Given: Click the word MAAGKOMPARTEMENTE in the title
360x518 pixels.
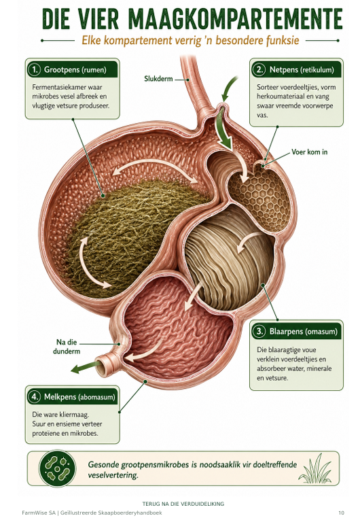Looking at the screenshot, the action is point(235,19).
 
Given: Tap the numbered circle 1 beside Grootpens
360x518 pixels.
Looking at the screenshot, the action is point(35,70).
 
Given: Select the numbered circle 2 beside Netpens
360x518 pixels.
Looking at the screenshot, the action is point(259,70).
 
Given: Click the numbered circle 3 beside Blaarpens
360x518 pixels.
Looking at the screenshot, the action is point(259,331).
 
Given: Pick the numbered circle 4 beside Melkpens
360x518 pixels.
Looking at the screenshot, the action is point(35,396).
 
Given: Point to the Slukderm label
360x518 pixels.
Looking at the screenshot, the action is point(158,79).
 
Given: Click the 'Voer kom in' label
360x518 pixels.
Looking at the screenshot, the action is point(310,152).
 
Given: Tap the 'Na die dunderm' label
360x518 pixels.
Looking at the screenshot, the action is point(67,347).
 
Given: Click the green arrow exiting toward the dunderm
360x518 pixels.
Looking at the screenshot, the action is point(86,367).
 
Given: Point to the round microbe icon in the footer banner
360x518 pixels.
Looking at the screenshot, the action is point(58,468).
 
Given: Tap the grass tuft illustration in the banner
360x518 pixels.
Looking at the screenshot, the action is point(315,468).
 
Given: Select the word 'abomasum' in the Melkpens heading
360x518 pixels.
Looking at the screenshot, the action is point(97,397).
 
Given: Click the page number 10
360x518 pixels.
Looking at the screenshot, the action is point(341,513).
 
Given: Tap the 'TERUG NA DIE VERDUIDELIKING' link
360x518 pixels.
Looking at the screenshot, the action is point(183,504).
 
